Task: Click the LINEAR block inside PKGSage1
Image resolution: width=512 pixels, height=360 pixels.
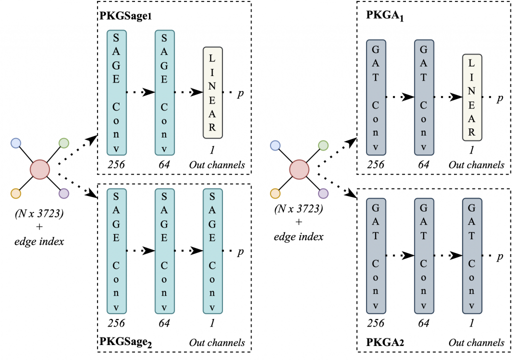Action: click(x=212, y=92)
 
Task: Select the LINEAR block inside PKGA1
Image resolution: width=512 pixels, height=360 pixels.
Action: click(x=472, y=97)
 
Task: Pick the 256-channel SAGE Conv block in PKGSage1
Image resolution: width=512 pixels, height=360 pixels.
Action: click(x=116, y=92)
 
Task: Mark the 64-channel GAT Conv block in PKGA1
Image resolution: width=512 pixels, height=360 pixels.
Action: click(x=424, y=97)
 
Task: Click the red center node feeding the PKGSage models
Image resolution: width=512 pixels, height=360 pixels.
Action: click(x=39, y=169)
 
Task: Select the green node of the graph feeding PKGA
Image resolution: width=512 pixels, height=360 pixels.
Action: click(x=323, y=146)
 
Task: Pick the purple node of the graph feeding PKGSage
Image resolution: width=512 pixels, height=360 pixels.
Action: click(x=63, y=193)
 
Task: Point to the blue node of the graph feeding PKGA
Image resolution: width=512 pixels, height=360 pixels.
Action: click(x=274, y=146)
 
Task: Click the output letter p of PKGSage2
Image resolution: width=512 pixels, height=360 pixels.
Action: click(x=240, y=251)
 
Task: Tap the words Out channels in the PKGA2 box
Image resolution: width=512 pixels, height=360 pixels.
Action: click(x=476, y=342)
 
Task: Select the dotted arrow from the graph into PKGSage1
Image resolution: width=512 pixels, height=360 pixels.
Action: click(x=77, y=148)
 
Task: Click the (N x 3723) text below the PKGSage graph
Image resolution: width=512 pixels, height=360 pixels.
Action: click(x=39, y=216)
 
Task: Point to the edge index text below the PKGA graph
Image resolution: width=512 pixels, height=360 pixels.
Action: click(x=298, y=236)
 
